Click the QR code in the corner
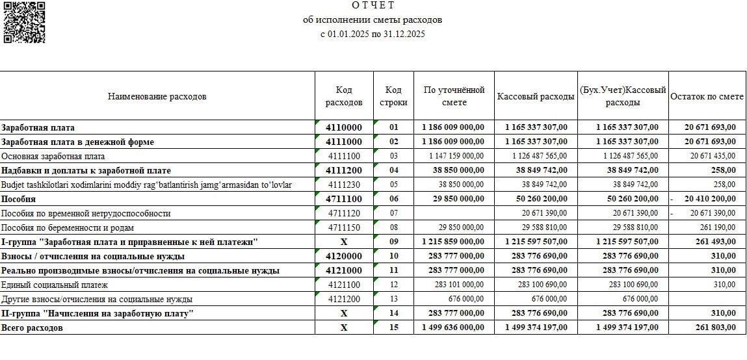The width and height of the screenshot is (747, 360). (x=24, y=22)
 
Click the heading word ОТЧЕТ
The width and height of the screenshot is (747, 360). (x=373, y=6)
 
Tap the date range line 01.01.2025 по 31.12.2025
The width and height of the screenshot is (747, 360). (x=373, y=34)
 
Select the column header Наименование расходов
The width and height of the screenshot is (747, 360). (x=157, y=96)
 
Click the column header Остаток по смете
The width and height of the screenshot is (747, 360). (x=707, y=96)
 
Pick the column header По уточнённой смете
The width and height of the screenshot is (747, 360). (x=454, y=96)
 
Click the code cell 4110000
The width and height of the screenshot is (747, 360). (x=344, y=127)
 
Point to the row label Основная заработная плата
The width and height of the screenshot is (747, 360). (x=53, y=156)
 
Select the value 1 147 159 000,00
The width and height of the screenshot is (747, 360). (x=456, y=156)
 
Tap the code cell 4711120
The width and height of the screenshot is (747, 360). (x=344, y=213)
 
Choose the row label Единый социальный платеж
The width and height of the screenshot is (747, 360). (x=55, y=285)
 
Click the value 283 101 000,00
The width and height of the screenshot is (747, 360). (x=456, y=285)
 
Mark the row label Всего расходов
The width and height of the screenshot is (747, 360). (x=33, y=328)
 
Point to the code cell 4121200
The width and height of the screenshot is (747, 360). (x=344, y=299)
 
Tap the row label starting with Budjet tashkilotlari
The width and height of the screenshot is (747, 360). (x=146, y=185)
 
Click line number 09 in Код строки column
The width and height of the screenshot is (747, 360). (x=393, y=242)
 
